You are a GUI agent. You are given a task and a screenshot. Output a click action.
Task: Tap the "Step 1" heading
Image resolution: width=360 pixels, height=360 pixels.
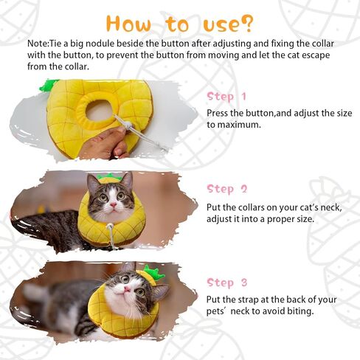pyautogui.click(x=227, y=97)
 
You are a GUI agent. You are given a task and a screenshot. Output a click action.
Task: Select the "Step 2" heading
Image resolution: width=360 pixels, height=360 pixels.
pyautogui.click(x=227, y=189)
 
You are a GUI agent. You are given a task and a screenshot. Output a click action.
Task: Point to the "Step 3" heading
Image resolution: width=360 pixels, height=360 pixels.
pyautogui.click(x=227, y=283)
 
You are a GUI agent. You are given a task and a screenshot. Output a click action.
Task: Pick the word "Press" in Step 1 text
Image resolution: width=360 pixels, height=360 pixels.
pyautogui.click(x=220, y=113)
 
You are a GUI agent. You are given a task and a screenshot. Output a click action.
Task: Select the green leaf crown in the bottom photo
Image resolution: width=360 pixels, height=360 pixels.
pyautogui.click(x=153, y=273)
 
